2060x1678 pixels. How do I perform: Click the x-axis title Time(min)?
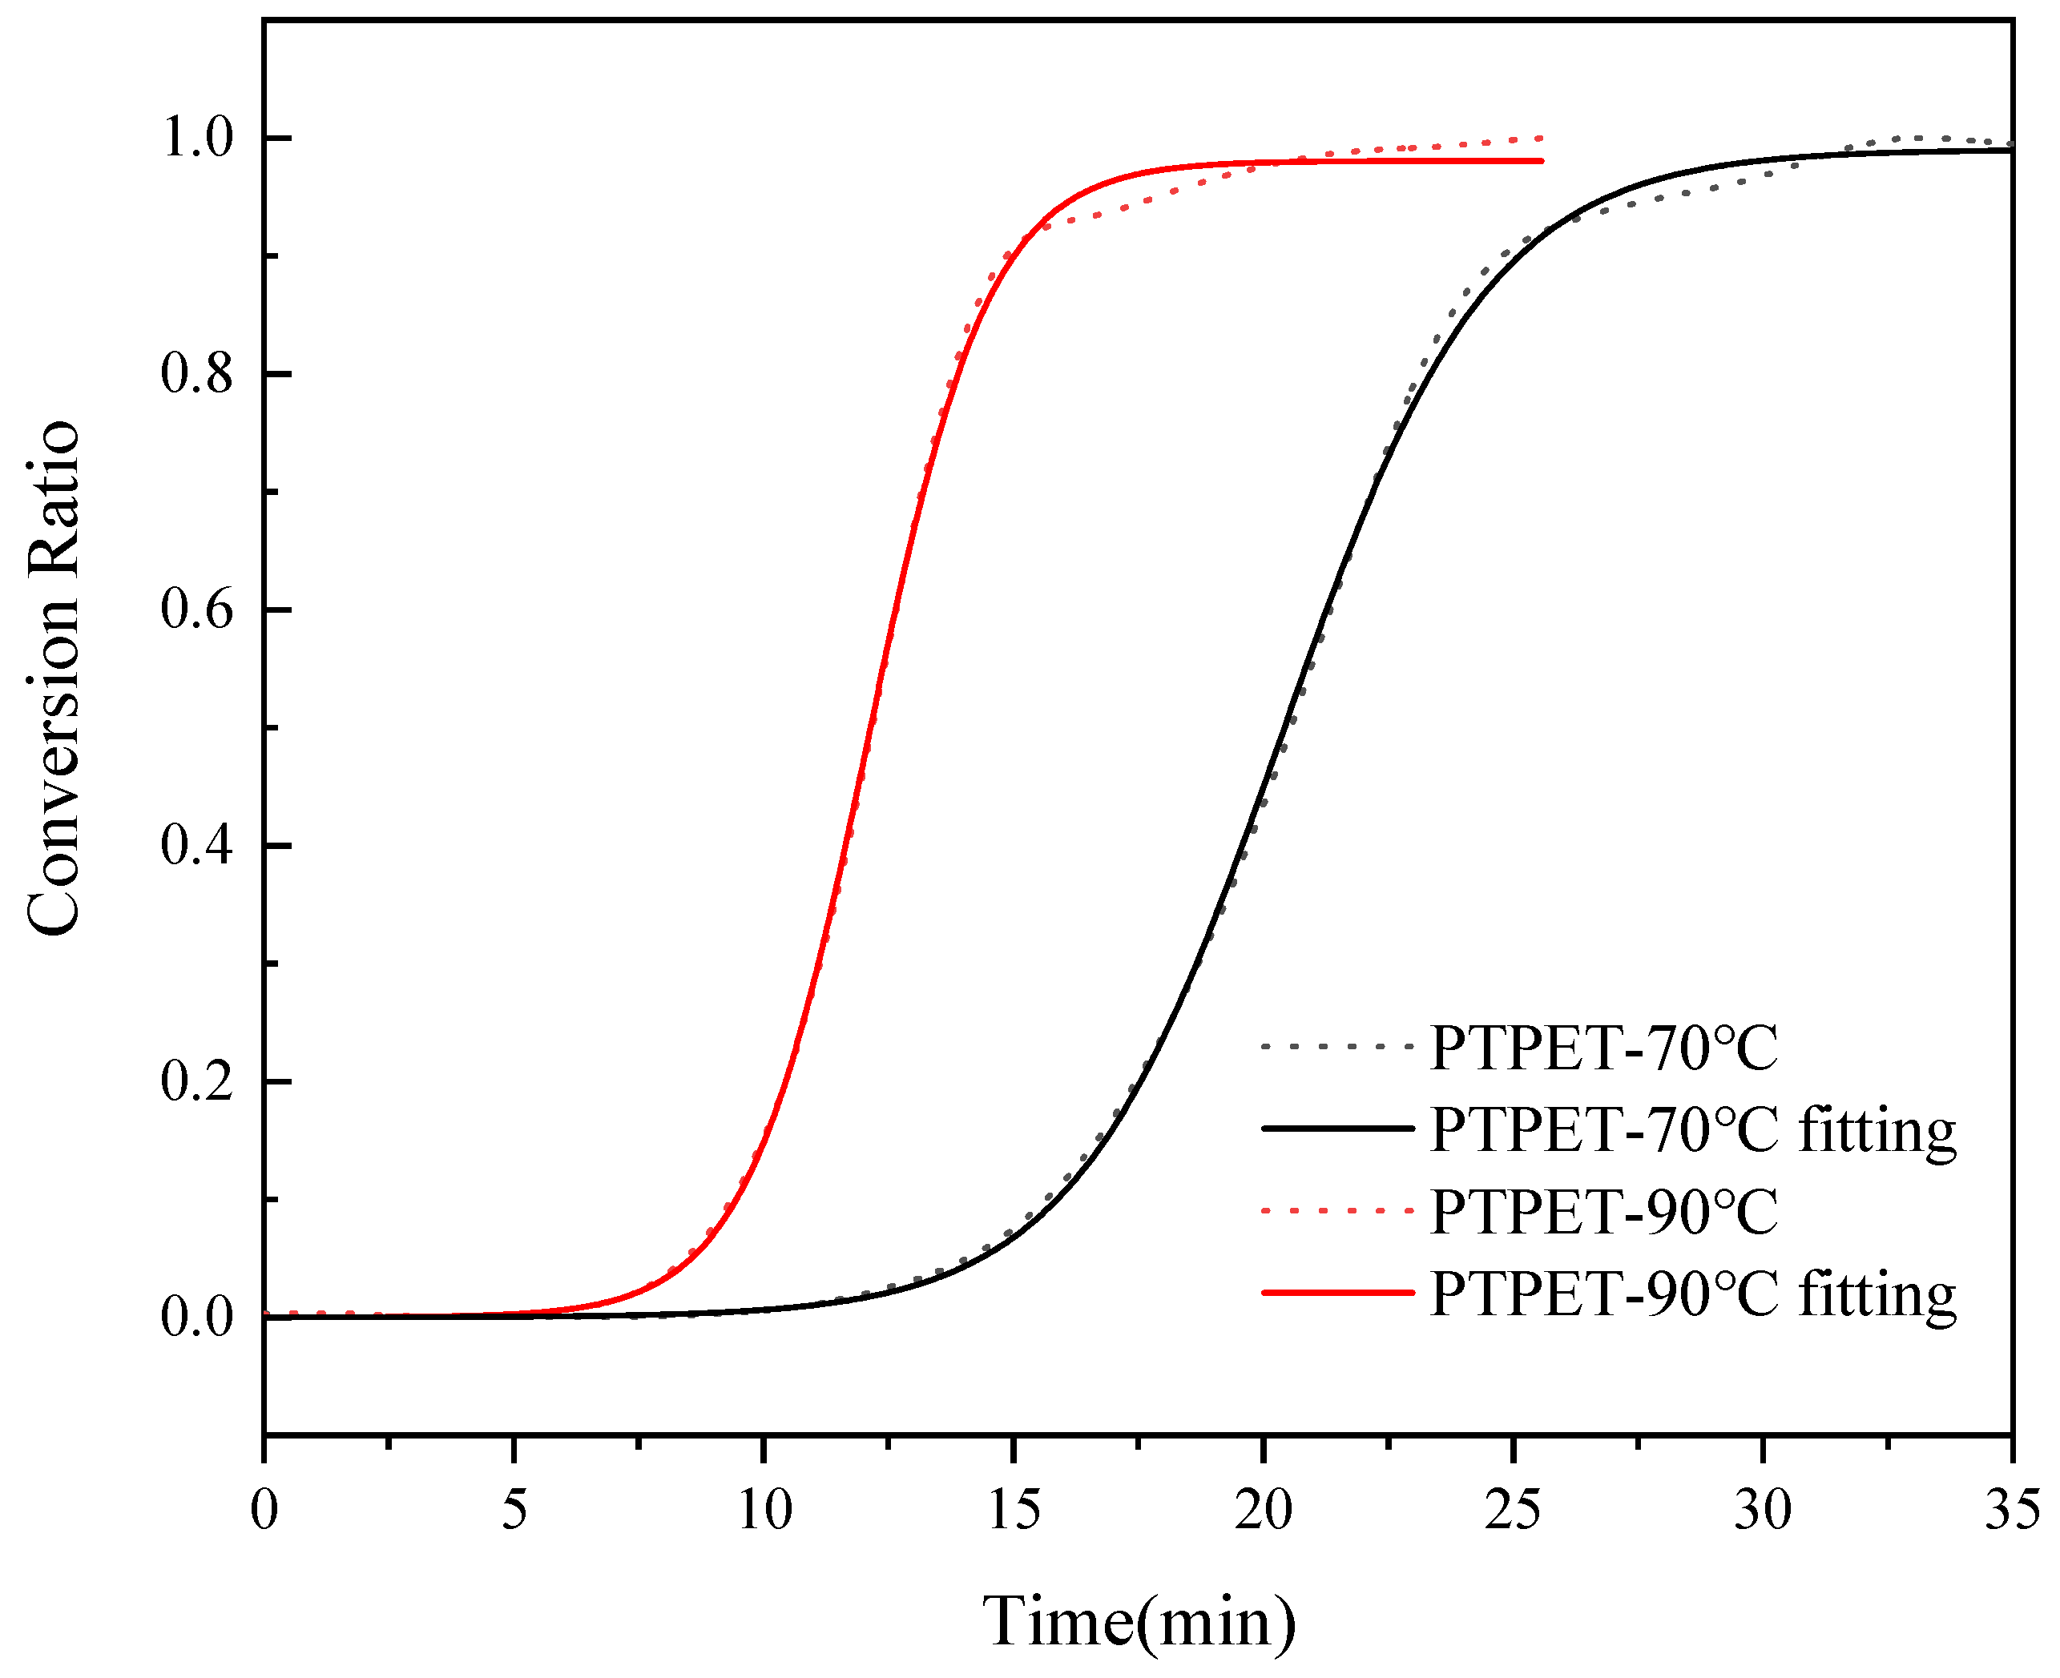pos(1139,1621)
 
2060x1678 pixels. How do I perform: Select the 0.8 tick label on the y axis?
pos(197,373)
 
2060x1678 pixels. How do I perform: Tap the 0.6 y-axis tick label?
pos(197,609)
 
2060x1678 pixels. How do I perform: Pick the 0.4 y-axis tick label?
pos(197,845)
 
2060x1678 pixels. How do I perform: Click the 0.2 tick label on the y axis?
pos(197,1080)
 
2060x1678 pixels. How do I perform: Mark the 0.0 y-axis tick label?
pos(197,1317)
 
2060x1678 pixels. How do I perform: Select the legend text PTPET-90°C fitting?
pos(1691,1294)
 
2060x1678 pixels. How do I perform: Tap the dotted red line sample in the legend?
pos(1338,1210)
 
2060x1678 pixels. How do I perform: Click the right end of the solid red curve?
pos(1540,160)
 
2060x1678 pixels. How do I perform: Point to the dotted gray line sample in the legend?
pos(1338,1046)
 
